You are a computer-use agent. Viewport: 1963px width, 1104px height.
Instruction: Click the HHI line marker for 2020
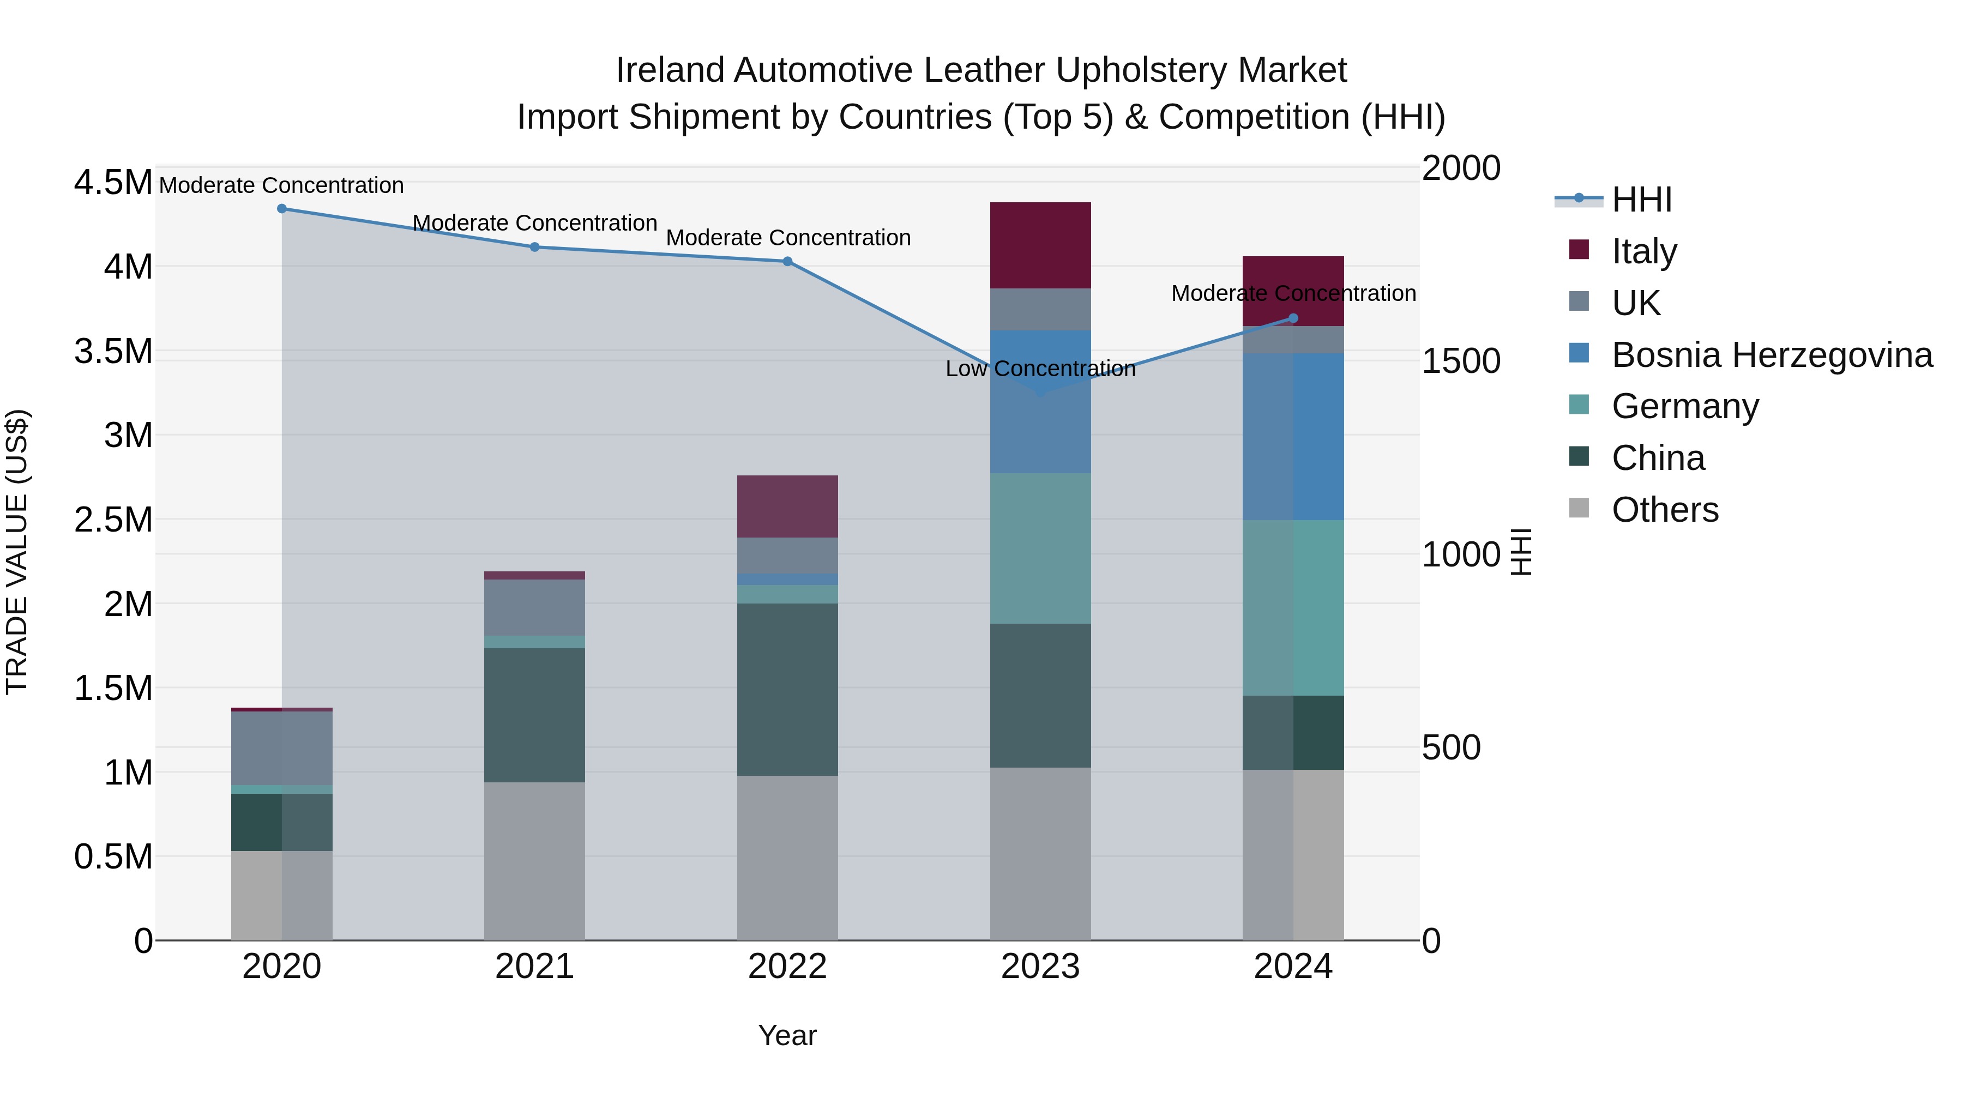pyautogui.click(x=282, y=208)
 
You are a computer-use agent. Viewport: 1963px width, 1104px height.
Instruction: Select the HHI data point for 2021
pyautogui.click(x=534, y=247)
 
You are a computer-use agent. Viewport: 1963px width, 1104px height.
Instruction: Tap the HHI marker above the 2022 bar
pyautogui.click(x=787, y=261)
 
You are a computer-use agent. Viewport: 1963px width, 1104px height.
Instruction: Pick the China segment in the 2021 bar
pyautogui.click(x=534, y=715)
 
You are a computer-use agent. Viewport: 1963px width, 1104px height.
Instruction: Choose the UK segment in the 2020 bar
pyautogui.click(x=282, y=747)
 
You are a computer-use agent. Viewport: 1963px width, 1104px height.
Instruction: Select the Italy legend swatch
pyautogui.click(x=1579, y=250)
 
